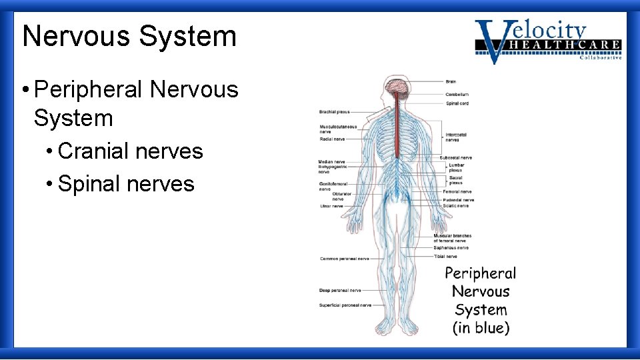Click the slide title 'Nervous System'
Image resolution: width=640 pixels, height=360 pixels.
pos(129,36)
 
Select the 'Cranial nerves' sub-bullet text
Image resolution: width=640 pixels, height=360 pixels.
pos(131,151)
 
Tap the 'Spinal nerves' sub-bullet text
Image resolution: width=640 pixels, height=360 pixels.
pos(126,183)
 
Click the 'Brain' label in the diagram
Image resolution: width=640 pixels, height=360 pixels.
pos(451,81)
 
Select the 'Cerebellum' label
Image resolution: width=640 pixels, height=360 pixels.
pos(457,95)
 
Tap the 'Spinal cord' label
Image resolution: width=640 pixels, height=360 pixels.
pos(457,103)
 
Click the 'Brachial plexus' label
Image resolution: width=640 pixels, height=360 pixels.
pos(335,112)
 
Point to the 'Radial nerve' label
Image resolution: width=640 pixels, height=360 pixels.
pos(332,139)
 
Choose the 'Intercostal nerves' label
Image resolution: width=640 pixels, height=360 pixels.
pos(456,137)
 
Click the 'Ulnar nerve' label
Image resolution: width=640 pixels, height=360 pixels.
pos(331,206)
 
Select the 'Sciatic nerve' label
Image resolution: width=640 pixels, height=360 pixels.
pos(456,206)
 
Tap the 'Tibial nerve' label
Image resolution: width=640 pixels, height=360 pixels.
pos(445,256)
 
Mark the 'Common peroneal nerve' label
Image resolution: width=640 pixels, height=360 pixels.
pos(344,258)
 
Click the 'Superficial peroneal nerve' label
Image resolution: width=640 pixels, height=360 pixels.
pos(345,305)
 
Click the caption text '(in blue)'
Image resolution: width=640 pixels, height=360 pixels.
pos(481,327)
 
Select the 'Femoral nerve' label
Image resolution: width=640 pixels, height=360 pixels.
pos(457,191)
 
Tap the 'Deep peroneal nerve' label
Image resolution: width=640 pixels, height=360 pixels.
pos(340,291)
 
